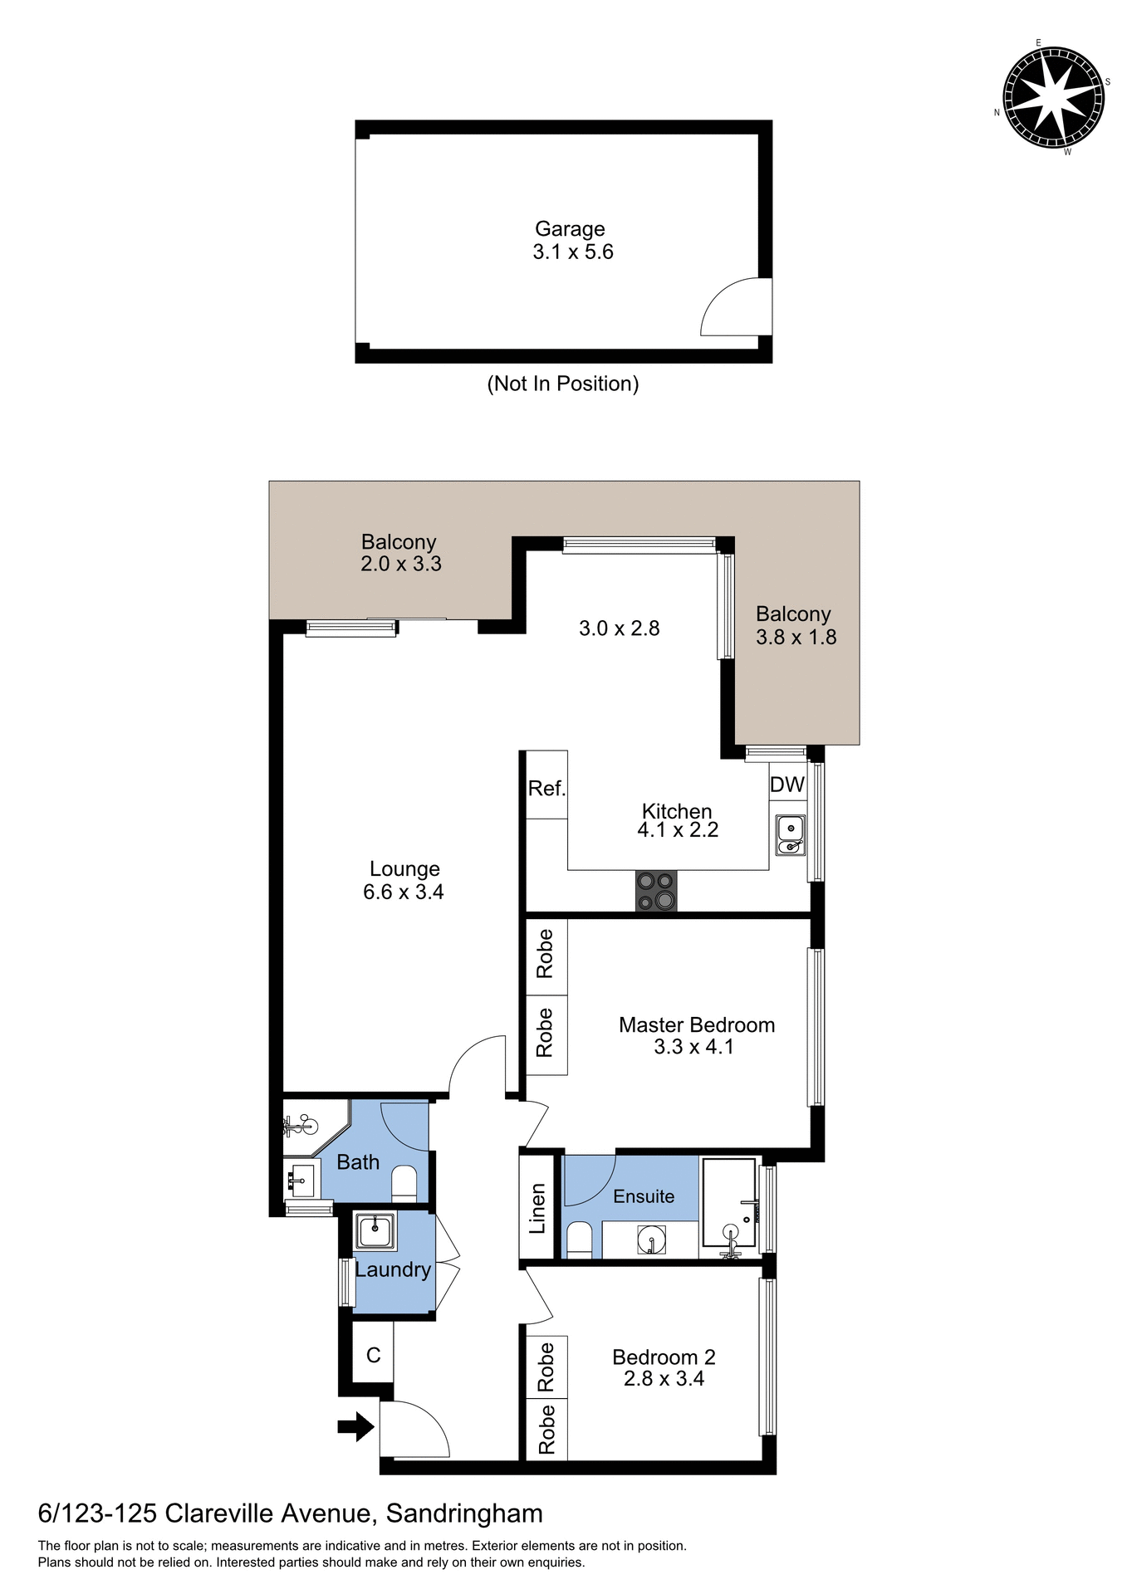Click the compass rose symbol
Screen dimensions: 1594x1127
coord(1053,97)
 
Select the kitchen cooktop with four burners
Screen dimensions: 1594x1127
coord(655,891)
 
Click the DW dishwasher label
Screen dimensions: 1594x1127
coord(787,785)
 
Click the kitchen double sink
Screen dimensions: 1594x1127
coord(791,835)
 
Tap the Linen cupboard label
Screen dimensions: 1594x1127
coord(538,1208)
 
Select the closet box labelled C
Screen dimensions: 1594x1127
coord(373,1355)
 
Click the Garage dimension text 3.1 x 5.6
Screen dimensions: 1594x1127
coord(572,252)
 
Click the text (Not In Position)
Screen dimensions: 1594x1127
coord(562,384)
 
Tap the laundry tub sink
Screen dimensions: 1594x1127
coord(375,1231)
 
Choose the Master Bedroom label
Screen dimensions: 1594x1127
coord(696,1024)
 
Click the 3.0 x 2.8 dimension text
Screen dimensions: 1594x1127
coord(619,628)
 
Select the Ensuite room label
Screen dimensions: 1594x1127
coord(643,1196)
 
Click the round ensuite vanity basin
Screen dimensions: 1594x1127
coord(651,1240)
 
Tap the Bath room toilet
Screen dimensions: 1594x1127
coord(404,1184)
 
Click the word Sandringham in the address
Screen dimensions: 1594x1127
coord(464,1513)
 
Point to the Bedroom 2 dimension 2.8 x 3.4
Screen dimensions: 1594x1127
coord(664,1379)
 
